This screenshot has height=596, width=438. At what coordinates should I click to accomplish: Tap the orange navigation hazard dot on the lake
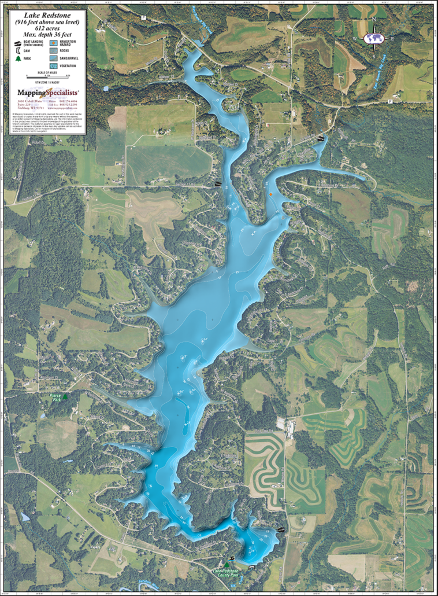coord(271,194)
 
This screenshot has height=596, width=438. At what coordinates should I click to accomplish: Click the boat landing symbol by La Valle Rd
coord(218,183)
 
